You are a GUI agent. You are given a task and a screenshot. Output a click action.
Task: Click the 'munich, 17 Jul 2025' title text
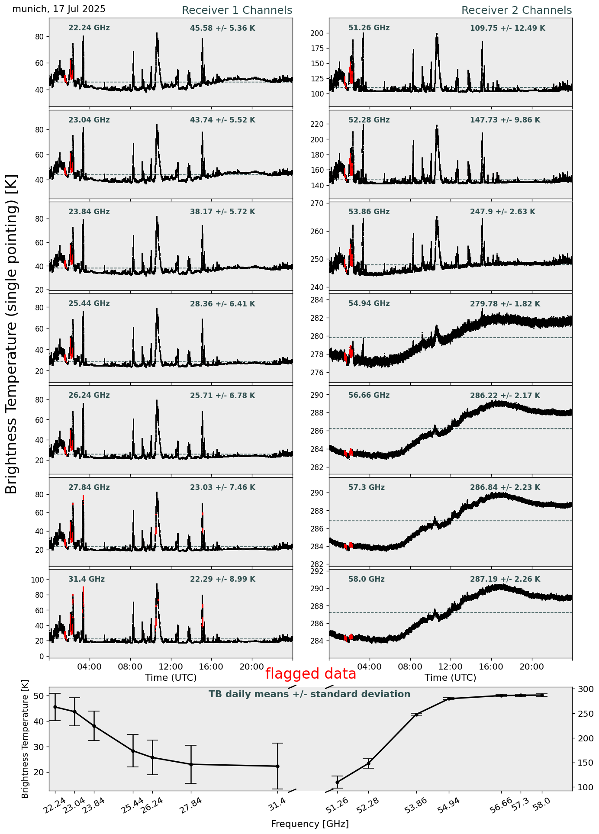[59, 9]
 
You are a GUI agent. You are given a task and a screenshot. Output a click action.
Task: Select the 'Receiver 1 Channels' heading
[237, 10]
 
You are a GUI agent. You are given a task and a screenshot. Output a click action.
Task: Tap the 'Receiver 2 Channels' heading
[516, 10]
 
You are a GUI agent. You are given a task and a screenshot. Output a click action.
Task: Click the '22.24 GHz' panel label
[89, 28]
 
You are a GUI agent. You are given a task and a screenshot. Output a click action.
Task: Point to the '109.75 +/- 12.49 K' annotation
[507, 29]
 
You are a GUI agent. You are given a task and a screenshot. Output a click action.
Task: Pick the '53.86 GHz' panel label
[369, 212]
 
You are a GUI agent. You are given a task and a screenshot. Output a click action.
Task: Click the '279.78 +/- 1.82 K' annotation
[505, 304]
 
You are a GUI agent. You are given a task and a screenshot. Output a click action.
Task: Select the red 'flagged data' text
[311, 674]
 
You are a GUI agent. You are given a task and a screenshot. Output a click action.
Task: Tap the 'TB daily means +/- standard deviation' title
[309, 694]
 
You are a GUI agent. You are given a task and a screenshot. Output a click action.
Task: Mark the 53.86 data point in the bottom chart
[416, 715]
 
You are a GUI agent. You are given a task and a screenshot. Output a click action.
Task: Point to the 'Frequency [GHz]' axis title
[309, 824]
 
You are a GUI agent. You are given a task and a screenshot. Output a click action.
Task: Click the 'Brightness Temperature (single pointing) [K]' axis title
[12, 334]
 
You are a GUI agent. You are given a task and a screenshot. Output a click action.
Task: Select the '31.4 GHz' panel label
[87, 579]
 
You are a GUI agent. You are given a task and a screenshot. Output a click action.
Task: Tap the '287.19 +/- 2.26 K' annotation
[505, 580]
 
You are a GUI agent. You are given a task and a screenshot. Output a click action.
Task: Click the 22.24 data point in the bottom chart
[55, 707]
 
